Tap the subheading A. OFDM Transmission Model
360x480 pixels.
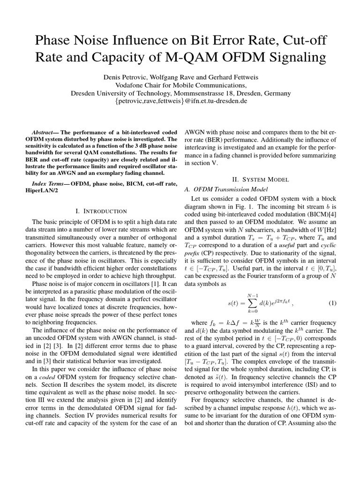click(x=227, y=189)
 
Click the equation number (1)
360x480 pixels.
click(x=332, y=303)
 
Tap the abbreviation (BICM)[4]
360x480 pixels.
click(x=319, y=216)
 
